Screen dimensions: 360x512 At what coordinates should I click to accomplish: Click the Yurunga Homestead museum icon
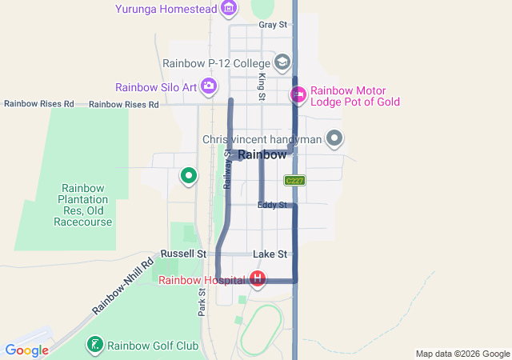point(229,9)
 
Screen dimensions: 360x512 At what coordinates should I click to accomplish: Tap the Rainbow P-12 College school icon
point(282,62)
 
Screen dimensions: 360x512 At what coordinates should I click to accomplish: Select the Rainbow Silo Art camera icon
point(209,86)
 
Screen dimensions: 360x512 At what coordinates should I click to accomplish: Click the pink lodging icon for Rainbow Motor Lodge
point(298,95)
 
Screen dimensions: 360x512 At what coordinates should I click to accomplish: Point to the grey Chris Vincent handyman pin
point(335,139)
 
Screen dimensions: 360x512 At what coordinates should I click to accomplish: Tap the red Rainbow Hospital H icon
point(258,279)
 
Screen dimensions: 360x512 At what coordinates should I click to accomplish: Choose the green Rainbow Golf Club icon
point(94,346)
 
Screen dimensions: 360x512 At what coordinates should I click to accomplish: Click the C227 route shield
point(294,181)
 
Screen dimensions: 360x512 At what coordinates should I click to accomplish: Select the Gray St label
point(273,26)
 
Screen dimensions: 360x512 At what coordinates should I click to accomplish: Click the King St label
point(262,86)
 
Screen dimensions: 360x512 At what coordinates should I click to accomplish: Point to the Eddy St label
point(272,206)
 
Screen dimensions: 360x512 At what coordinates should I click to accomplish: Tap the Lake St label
point(270,254)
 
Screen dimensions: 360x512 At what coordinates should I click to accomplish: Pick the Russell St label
point(178,254)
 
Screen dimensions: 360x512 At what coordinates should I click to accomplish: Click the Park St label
point(202,302)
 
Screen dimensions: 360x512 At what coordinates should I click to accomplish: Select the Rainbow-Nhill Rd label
point(122,286)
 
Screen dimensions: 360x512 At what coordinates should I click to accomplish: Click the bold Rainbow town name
point(262,155)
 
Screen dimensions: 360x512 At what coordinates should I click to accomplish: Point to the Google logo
point(26,350)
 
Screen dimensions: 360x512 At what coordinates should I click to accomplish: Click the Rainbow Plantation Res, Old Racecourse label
point(82,205)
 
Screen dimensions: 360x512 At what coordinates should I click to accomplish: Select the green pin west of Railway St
point(189,174)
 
